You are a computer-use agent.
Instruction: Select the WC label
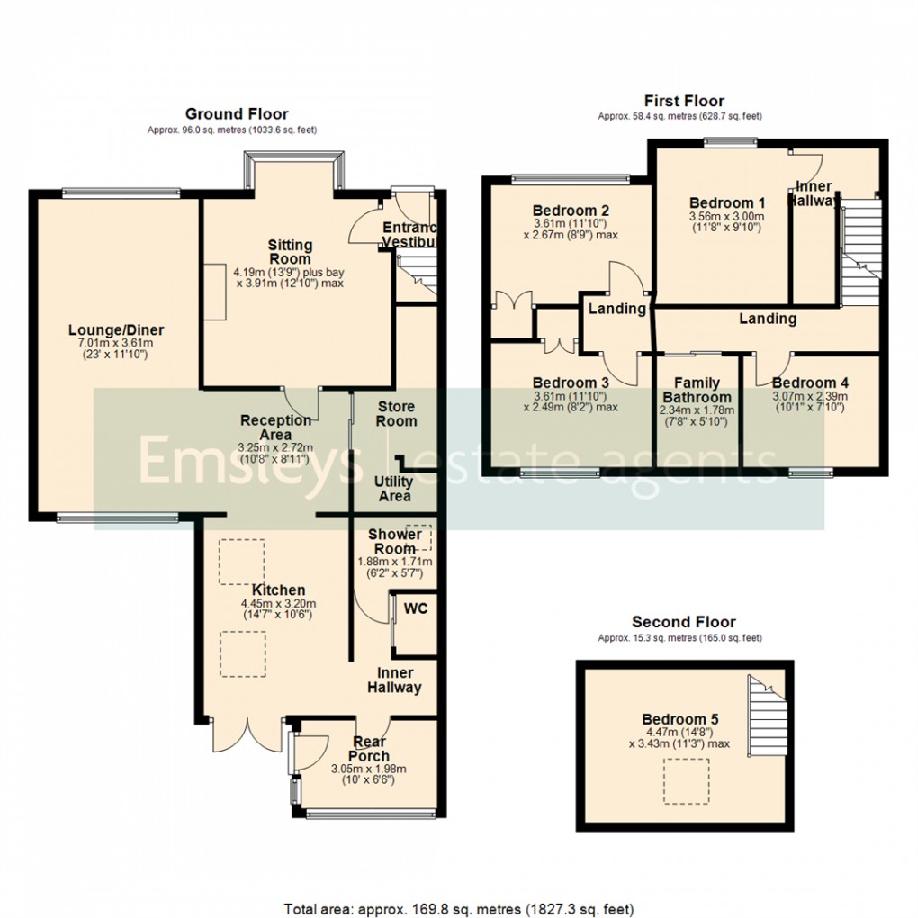coord(415,608)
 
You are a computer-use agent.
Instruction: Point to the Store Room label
coord(396,414)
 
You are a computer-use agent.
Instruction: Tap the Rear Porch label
coord(370,749)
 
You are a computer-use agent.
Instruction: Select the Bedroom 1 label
coord(726,203)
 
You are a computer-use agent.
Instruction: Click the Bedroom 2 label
coord(570,211)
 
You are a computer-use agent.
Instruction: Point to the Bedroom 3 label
coord(571,382)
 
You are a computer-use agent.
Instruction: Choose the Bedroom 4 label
coord(810,382)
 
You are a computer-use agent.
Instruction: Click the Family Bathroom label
coord(697,390)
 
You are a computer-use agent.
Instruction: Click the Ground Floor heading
coord(237,113)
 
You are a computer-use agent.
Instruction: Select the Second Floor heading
coord(683,622)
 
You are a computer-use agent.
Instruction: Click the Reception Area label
coord(276,427)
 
